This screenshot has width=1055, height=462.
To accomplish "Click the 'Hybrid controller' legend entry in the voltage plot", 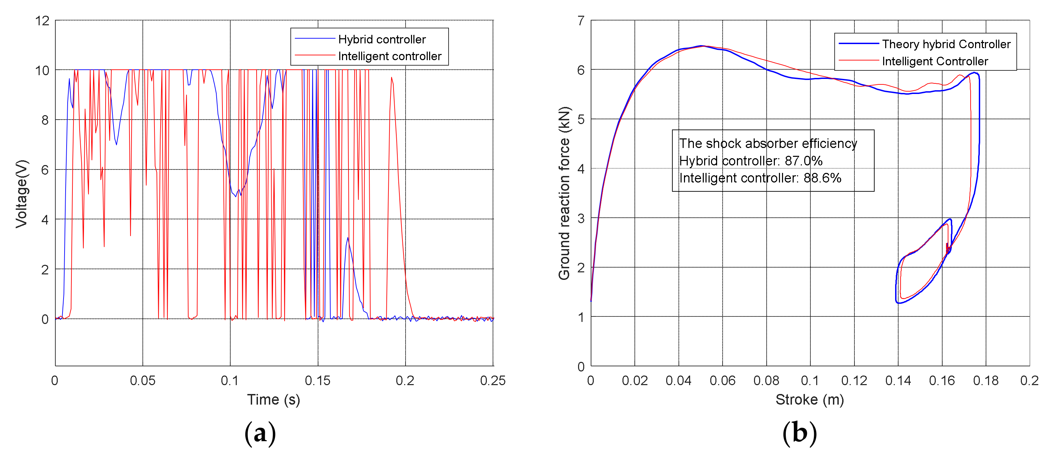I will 381,39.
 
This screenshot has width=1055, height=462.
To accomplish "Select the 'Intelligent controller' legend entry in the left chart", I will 389,56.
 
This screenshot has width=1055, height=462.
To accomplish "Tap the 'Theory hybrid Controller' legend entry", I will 946,44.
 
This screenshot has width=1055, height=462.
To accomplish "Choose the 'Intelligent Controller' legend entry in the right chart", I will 935,61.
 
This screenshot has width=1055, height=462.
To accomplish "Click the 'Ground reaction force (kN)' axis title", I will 564,193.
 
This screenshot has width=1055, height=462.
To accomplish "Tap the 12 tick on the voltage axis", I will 42,21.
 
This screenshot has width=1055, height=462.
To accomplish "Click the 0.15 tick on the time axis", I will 317,380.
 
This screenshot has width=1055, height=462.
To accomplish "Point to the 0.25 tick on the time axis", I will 492,380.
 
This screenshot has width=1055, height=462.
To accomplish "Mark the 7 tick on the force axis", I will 581,21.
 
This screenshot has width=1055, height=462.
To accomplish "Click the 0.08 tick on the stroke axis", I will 766,380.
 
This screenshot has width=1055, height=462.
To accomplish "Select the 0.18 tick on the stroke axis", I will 985,380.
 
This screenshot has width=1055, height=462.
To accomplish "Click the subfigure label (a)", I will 260,433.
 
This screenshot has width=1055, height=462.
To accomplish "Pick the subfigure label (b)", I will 799,433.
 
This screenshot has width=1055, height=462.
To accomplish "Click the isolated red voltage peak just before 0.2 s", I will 392,78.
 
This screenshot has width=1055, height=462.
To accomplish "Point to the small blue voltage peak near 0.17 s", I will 348,239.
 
